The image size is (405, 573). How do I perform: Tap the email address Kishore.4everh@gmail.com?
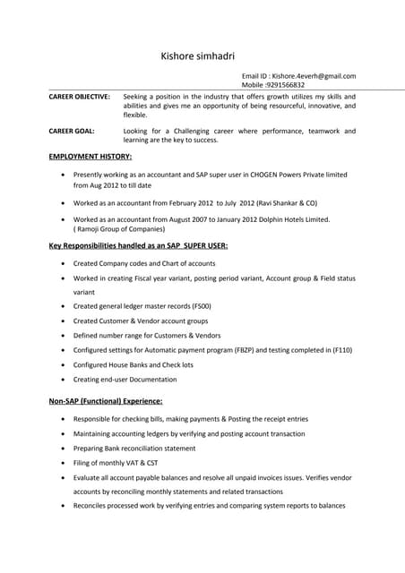314,76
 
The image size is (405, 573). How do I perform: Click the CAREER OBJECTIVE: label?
79,96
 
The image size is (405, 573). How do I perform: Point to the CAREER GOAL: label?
72,131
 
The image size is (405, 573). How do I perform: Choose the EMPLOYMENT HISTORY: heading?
90,156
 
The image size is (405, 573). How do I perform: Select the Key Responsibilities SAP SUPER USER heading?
138,245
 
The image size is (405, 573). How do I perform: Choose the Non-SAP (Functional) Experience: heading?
105,401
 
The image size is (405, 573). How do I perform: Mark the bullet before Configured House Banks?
62,365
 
